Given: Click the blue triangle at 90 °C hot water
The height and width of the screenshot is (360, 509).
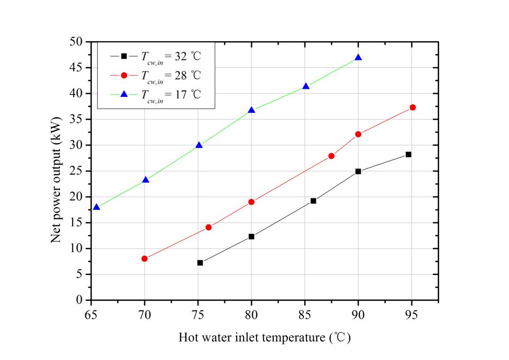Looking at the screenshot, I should [358, 57].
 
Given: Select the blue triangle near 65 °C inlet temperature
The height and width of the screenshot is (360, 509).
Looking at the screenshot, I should [96, 207].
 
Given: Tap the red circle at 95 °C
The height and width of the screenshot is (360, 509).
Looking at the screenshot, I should [413, 107].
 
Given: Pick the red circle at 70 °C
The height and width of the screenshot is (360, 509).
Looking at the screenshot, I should [144, 258].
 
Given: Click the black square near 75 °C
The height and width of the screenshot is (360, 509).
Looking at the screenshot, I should [200, 263].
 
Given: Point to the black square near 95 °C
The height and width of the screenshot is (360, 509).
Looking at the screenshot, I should [408, 154].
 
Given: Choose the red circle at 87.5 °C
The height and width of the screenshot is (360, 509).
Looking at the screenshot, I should [331, 156].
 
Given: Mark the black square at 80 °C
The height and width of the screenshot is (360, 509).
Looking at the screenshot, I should [252, 236].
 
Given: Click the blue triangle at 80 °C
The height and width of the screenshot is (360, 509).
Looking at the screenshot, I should [252, 110].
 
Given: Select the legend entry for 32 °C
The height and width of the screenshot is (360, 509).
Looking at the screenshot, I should [156, 56].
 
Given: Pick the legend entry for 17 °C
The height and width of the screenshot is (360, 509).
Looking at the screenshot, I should [156, 94].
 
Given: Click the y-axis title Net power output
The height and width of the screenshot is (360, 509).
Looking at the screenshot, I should [56, 180].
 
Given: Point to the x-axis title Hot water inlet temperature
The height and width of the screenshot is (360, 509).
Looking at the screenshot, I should [264, 338].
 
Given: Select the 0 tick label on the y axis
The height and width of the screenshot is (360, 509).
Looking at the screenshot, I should [80, 300].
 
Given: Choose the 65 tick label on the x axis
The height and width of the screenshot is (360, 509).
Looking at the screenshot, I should [91, 315].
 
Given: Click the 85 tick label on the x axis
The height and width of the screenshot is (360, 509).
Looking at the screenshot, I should [305, 315].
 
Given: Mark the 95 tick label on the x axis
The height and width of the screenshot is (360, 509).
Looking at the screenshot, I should [411, 315].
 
